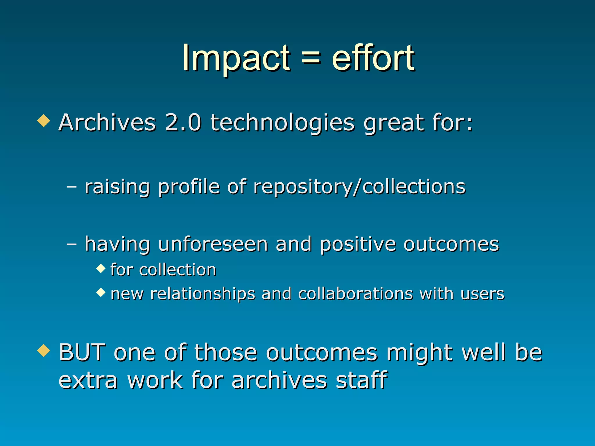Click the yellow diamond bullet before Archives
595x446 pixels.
point(44,121)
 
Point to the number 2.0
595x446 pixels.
point(183,122)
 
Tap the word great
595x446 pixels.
point(393,123)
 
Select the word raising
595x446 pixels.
point(117,187)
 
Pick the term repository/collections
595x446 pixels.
point(359,187)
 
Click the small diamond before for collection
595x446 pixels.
point(101,269)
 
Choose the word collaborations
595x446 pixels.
point(355,294)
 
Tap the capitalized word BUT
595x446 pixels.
point(82,352)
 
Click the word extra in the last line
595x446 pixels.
point(88,381)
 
